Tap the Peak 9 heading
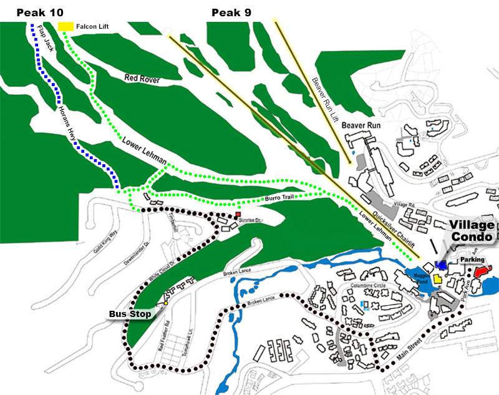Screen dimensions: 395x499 point(231,12)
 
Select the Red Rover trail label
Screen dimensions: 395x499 point(142,79)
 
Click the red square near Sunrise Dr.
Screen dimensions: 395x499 point(238,215)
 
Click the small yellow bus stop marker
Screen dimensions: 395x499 point(166,303)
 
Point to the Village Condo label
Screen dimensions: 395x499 point(472,231)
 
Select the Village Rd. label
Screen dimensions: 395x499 point(404,205)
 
